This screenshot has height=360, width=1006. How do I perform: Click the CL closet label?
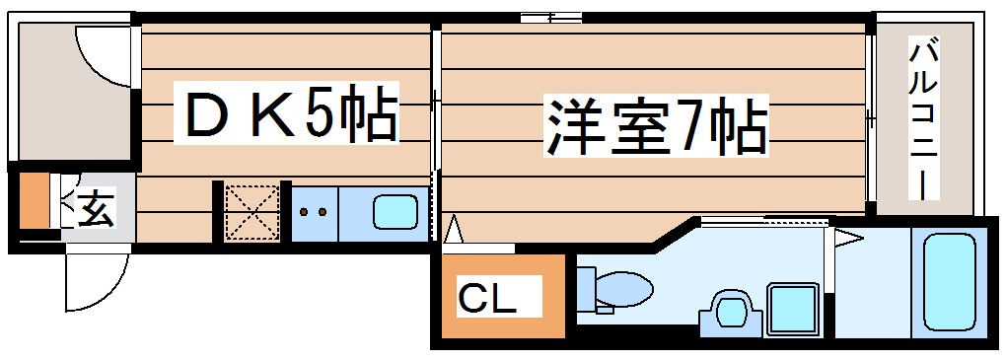[487, 296]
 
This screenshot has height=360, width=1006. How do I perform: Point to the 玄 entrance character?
[95, 208]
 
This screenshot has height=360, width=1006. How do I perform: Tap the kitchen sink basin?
[392, 211]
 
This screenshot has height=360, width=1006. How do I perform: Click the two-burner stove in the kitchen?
[315, 211]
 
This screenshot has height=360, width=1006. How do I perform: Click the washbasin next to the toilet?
[730, 309]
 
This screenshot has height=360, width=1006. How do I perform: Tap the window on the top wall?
[550, 17]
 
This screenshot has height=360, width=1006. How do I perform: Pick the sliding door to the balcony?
[870, 118]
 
